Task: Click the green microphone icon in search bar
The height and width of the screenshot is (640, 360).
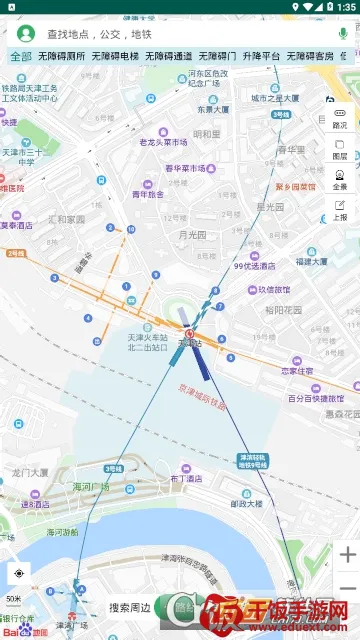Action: pos(343,34)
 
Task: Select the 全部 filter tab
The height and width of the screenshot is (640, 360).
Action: pos(21,57)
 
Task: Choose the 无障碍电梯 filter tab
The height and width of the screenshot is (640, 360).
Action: pos(115,57)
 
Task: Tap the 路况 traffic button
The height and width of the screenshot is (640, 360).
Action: pos(340,118)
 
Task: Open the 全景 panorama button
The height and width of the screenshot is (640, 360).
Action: pos(340,180)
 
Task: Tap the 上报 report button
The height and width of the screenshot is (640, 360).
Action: pos(340,210)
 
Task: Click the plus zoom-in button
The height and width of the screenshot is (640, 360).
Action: pos(347,554)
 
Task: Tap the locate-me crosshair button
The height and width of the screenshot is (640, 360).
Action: pos(18,574)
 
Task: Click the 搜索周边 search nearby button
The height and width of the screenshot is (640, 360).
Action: pos(130,607)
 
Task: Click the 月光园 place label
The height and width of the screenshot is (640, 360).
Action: pos(191,235)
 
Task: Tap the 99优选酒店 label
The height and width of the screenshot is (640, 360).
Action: pos(252,266)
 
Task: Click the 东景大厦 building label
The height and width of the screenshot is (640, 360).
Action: pos(212,110)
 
